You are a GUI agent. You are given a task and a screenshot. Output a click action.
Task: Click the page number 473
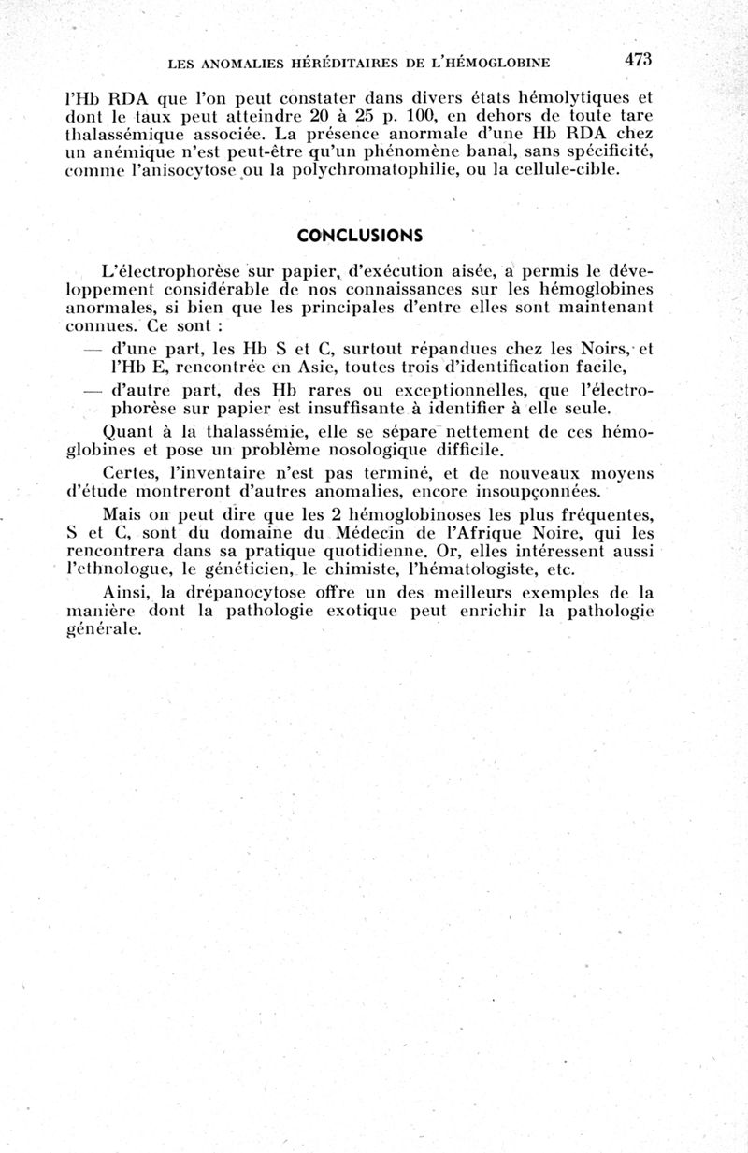click(638, 59)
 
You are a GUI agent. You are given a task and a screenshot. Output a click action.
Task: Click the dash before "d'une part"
click(92, 349)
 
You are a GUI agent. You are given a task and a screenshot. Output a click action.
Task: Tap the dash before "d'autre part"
click(92, 390)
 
